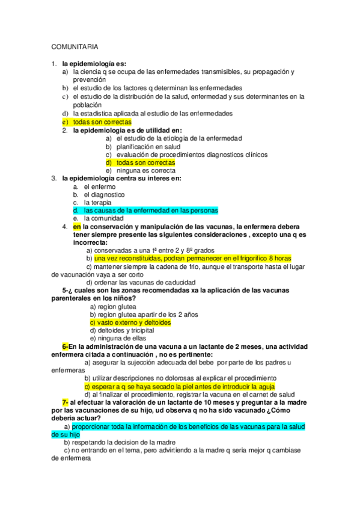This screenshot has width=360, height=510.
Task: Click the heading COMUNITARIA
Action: click(x=75, y=46)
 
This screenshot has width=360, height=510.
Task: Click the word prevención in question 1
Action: click(x=90, y=79)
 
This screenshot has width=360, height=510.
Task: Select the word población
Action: click(x=88, y=105)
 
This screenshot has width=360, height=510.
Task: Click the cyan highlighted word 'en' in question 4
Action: click(x=77, y=227)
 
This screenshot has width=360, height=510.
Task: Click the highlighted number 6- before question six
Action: click(x=65, y=346)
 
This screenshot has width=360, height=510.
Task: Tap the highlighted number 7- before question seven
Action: click(x=65, y=402)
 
